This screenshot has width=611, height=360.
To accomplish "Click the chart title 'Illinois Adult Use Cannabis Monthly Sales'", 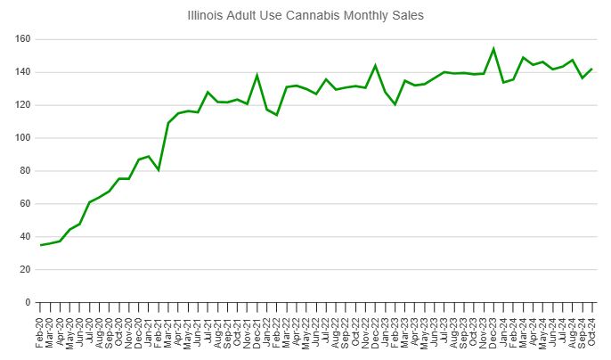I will coord(305,16).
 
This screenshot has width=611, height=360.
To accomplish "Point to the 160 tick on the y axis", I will coord(22,39).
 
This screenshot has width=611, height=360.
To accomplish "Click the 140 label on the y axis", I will coord(22,72).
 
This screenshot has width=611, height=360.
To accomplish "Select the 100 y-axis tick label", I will coord(22,138).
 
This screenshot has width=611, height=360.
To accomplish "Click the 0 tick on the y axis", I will coord(28,303).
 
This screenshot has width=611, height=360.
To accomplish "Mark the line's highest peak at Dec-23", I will coord(493,49).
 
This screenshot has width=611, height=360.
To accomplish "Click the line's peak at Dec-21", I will coord(257,76).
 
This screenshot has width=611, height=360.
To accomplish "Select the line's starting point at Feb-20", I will coord(41,245).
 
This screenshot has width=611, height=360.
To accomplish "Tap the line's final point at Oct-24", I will coord(591,70).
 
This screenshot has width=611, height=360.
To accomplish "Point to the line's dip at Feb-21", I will coord(159,169).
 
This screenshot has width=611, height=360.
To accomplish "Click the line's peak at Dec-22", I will coord(375,65).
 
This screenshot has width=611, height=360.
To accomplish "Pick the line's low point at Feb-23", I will coord(395,104).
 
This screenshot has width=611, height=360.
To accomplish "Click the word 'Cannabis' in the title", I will coord(325,16).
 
